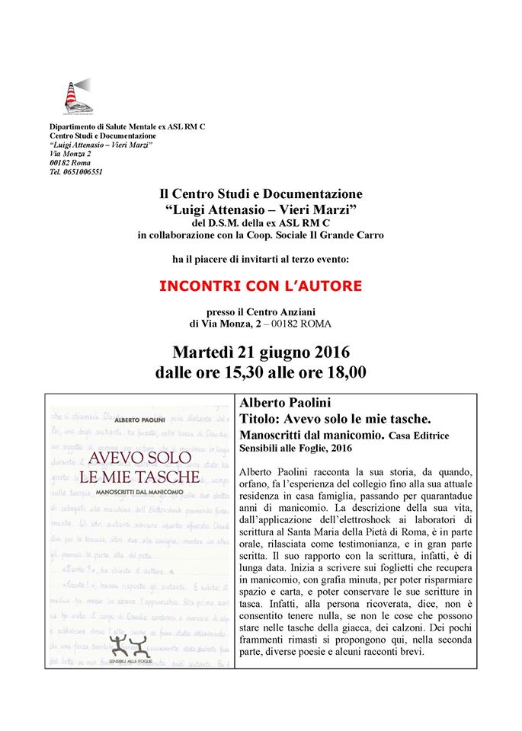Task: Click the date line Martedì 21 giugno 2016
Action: pyautogui.click(x=261, y=353)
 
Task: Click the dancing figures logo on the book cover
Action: pyautogui.click(x=127, y=645)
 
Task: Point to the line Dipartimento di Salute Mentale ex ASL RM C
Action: pyautogui.click(x=127, y=126)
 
